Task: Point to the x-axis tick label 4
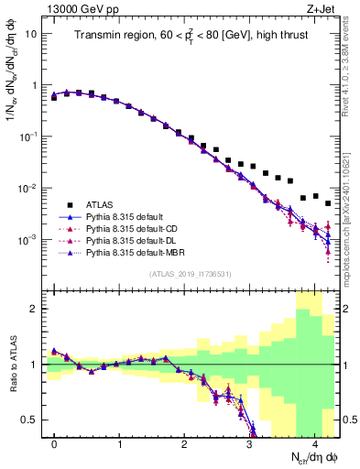click(x=315, y=444)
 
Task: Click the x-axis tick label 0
click(x=54, y=444)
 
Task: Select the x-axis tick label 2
click(x=184, y=444)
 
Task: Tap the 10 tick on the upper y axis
click(x=33, y=33)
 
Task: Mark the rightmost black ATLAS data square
click(x=328, y=203)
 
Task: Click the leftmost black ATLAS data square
click(x=54, y=97)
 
